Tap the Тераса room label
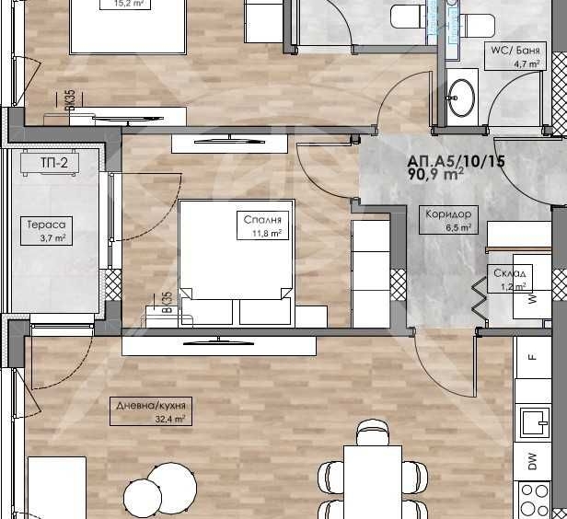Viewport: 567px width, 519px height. tap(44, 225)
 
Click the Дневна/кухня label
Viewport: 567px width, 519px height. tap(148, 405)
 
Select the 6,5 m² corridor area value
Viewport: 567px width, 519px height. tap(460, 226)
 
